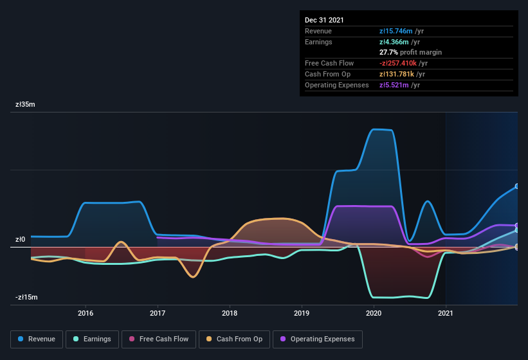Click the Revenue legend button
click(37, 339)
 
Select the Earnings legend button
click(92, 339)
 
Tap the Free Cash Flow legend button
click(158, 339)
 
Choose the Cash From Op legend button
click(233, 339)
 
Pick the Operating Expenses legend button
click(318, 339)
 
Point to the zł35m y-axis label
click(26, 104)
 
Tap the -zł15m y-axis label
click(27, 298)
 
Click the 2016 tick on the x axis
click(86, 314)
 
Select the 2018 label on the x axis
click(230, 314)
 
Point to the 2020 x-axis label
click(374, 314)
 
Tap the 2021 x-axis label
click(446, 314)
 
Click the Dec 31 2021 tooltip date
click(325, 20)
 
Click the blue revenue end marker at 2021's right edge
click(517, 186)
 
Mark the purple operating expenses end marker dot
click(517, 226)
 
